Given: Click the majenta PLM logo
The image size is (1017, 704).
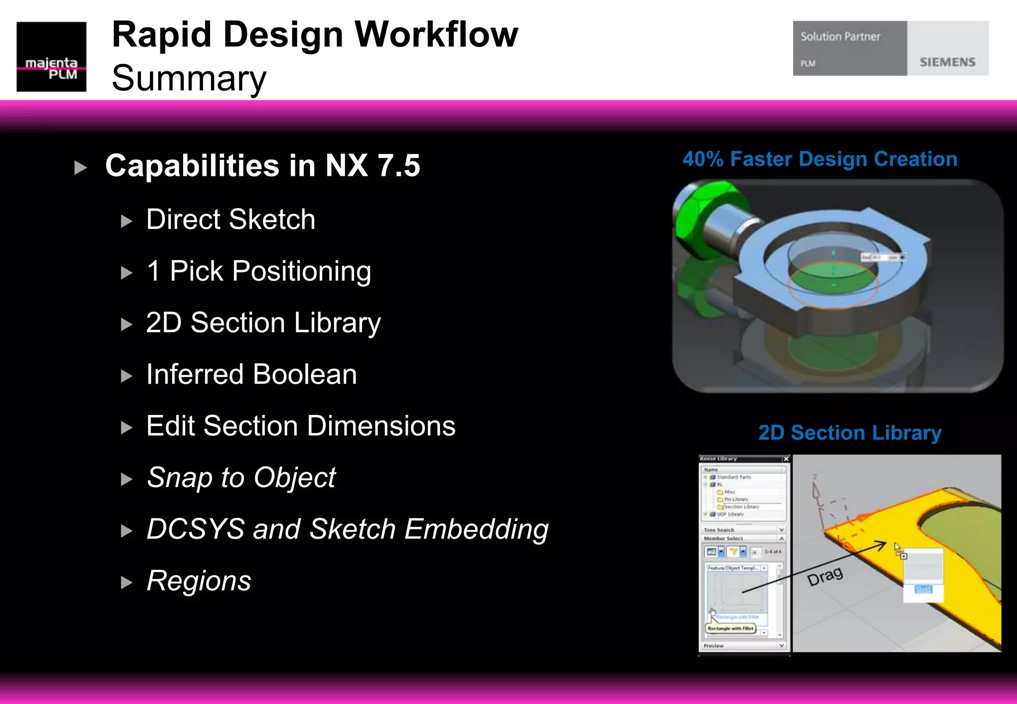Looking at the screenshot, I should coord(51,57).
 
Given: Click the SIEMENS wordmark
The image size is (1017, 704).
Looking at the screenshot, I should coord(947,62).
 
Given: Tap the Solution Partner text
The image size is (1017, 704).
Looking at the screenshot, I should coord(840,37).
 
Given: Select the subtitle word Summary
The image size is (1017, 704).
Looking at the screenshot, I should coord(189,78).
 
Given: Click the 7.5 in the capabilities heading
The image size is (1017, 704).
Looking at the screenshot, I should coord(398,166).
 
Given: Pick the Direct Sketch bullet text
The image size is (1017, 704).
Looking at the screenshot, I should coord(230,219).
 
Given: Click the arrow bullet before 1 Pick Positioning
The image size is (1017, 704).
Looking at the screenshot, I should coord(127,273).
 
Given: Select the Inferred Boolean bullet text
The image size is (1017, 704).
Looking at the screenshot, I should coord(251,374).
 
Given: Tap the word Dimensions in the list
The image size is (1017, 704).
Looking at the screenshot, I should coord(380,426).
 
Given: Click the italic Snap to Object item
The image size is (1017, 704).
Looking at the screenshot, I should coord(241,478).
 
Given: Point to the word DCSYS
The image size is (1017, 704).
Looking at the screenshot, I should coord(195,529).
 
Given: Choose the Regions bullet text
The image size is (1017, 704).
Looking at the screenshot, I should coord(199,581).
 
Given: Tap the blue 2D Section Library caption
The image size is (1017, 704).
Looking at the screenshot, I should coord(850,433).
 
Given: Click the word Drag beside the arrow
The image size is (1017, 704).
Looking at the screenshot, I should coord(825,576).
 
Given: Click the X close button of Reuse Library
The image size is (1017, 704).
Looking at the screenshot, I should coord(786,459).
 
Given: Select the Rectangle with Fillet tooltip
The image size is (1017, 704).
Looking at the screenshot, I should coord(730,629).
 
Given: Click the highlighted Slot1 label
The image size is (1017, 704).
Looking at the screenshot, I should coord(923,589).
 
